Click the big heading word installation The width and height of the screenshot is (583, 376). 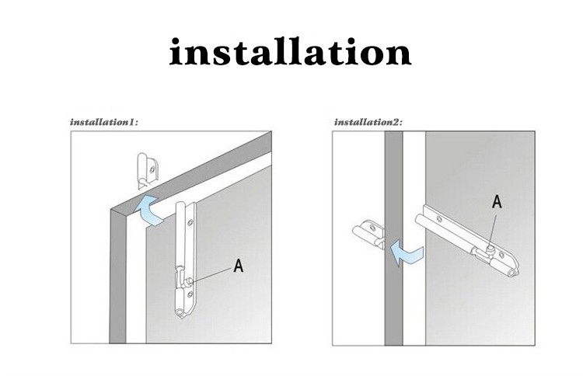290,52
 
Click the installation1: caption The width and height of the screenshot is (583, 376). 104,122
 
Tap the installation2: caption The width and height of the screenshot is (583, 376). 368,122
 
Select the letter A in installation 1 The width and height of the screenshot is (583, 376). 239,266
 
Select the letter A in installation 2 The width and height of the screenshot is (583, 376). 497,202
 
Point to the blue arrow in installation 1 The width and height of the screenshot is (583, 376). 149,210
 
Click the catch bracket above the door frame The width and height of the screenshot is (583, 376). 148,171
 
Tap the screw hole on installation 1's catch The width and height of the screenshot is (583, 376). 152,170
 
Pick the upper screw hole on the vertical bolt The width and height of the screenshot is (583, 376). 190,223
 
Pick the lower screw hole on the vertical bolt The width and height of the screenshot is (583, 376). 190,294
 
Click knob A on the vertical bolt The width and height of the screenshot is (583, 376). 189,281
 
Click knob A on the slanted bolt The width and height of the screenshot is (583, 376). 490,248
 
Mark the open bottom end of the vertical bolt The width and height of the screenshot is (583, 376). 181,314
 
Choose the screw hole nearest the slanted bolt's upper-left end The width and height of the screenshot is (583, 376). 439,220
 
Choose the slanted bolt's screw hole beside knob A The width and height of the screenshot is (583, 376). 501,256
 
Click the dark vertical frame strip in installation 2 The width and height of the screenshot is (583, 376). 393,238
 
